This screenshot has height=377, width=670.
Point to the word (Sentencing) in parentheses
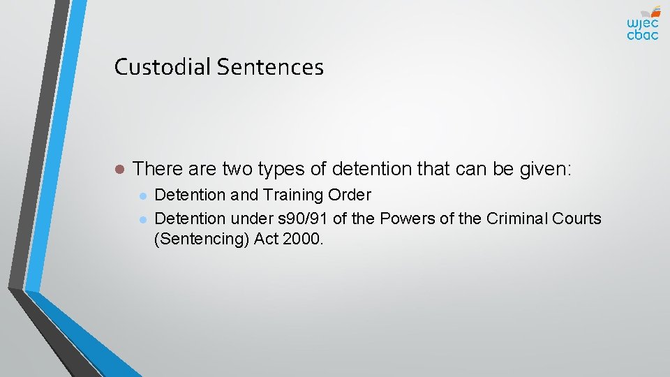tap(198, 240)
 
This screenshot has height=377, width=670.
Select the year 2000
tap(304, 240)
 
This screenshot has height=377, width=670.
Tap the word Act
tap(266, 240)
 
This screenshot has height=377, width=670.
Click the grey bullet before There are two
tap(119, 169)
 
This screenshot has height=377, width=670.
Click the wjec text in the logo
tap(641, 22)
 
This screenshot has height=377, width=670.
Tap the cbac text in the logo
tap(642, 35)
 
